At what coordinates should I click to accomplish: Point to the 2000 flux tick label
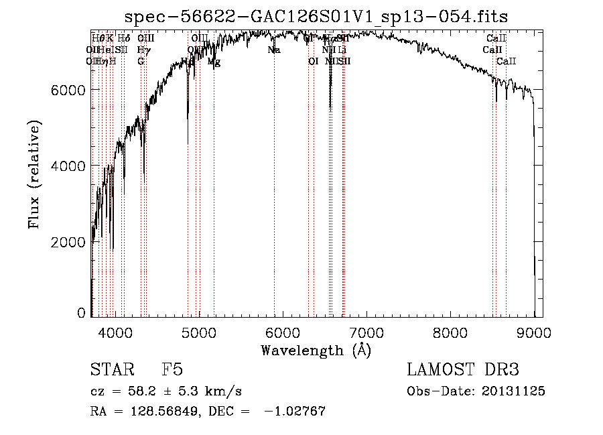pyautogui.click(x=69, y=241)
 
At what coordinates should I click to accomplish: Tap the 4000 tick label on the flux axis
pyautogui.click(x=69, y=166)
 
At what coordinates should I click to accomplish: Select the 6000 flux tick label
pyautogui.click(x=69, y=90)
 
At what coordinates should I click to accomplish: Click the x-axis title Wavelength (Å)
pyautogui.click(x=316, y=350)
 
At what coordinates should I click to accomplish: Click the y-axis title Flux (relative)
pyautogui.click(x=34, y=174)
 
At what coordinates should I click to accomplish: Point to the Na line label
pyautogui.click(x=273, y=50)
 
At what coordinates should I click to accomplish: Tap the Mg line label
pyautogui.click(x=214, y=62)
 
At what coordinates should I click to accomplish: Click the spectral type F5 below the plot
pyautogui.click(x=172, y=370)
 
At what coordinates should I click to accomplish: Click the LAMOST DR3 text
pyautogui.click(x=463, y=370)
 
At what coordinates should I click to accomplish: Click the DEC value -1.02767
pyautogui.click(x=295, y=412)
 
